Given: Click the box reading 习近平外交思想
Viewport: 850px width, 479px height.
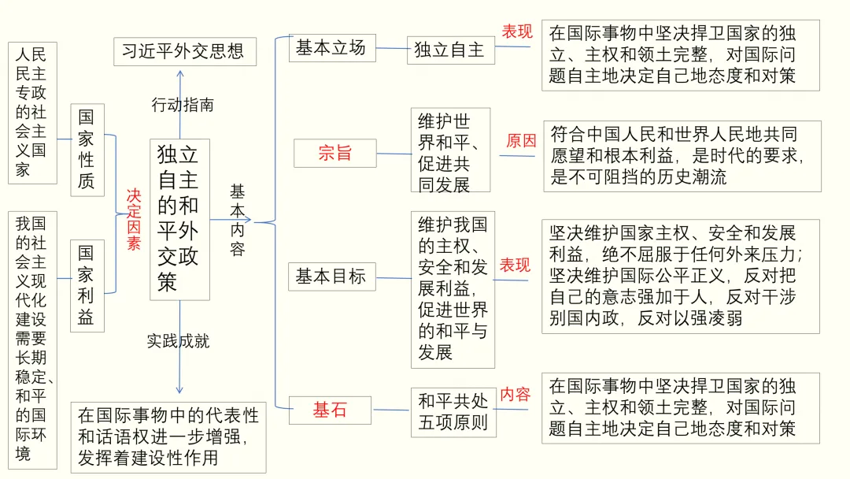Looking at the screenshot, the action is (183, 52).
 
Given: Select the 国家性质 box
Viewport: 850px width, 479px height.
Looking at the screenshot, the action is (87, 150).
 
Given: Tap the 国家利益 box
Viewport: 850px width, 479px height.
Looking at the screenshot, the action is (87, 285).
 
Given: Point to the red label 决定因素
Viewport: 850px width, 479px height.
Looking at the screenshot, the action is (134, 219).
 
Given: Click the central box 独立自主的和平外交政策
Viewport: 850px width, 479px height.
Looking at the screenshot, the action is (179, 220).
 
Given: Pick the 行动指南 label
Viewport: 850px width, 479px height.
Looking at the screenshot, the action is (183, 104).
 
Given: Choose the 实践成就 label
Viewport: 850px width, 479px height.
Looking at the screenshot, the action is (179, 341).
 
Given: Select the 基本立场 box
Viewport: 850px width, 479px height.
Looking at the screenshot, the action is (331, 48).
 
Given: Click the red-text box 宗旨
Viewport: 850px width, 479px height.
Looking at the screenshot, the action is (334, 153).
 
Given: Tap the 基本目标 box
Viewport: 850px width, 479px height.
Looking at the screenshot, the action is (331, 277).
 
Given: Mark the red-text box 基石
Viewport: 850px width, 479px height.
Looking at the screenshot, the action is (331, 410).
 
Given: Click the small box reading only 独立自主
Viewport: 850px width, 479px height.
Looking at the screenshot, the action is (450, 50).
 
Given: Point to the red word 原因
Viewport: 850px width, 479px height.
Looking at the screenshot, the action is (521, 141).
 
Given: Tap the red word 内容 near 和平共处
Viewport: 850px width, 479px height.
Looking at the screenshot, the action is (516, 394).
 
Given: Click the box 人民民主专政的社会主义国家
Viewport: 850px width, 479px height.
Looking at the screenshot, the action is (32, 113).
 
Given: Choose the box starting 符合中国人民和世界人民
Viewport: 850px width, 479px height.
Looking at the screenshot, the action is (682, 156).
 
